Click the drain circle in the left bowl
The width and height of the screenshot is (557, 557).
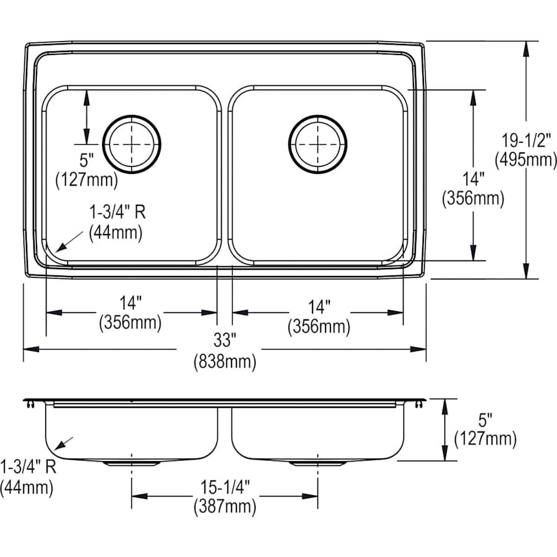coord(132,144)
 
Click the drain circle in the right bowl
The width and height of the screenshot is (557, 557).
coord(317,144)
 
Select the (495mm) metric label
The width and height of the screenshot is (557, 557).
coord(525,160)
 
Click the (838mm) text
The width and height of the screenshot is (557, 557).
coord(225,361)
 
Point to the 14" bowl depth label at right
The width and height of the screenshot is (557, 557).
coord(473,179)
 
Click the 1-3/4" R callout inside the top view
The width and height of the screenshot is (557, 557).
coord(117,212)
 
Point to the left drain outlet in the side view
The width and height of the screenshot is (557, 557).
coord(132,462)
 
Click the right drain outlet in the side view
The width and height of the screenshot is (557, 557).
coord(317,462)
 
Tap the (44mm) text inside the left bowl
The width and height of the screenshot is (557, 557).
coord(116,233)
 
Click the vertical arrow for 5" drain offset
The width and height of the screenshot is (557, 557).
coord(86,114)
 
